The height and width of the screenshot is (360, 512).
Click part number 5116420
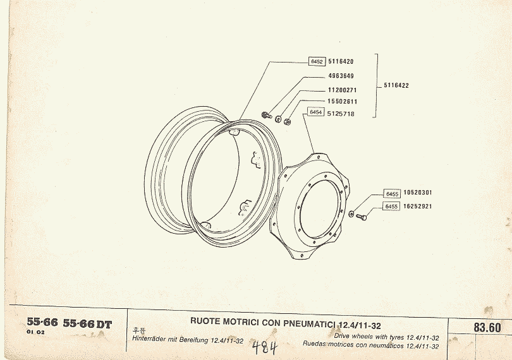coord(341,61)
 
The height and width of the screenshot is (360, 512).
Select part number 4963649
coord(341,76)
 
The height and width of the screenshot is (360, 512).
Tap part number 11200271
coord(342,90)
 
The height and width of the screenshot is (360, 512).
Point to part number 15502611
coord(342,102)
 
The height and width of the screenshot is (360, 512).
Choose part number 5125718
coord(341,114)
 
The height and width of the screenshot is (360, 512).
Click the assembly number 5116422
coord(396,85)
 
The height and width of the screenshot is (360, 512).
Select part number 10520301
coord(418,193)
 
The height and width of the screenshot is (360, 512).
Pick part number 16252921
coord(418,207)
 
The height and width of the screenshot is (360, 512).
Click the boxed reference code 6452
coord(317,62)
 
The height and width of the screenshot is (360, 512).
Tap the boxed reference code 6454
coord(316,112)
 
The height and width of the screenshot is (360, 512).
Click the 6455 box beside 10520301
coord(392,194)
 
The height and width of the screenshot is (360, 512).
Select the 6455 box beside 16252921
coord(391,207)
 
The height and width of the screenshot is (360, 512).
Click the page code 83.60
coord(487,327)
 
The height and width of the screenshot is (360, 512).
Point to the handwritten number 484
coord(265,347)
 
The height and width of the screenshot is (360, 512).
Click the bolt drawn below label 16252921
coord(361,217)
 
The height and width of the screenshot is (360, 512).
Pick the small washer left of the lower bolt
coord(351,214)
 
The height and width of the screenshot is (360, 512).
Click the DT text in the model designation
coord(104,325)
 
